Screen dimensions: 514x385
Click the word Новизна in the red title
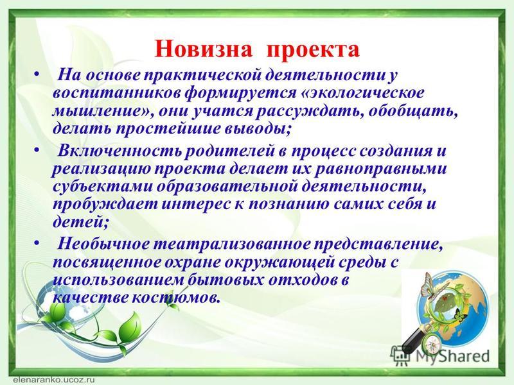[204, 49]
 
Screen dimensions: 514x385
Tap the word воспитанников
[116, 93]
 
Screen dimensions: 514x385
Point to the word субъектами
[102, 187]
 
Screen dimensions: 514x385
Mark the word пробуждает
[105, 205]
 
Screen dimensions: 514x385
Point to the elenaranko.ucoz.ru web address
[55, 380]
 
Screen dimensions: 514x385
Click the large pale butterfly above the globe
[429, 286]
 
